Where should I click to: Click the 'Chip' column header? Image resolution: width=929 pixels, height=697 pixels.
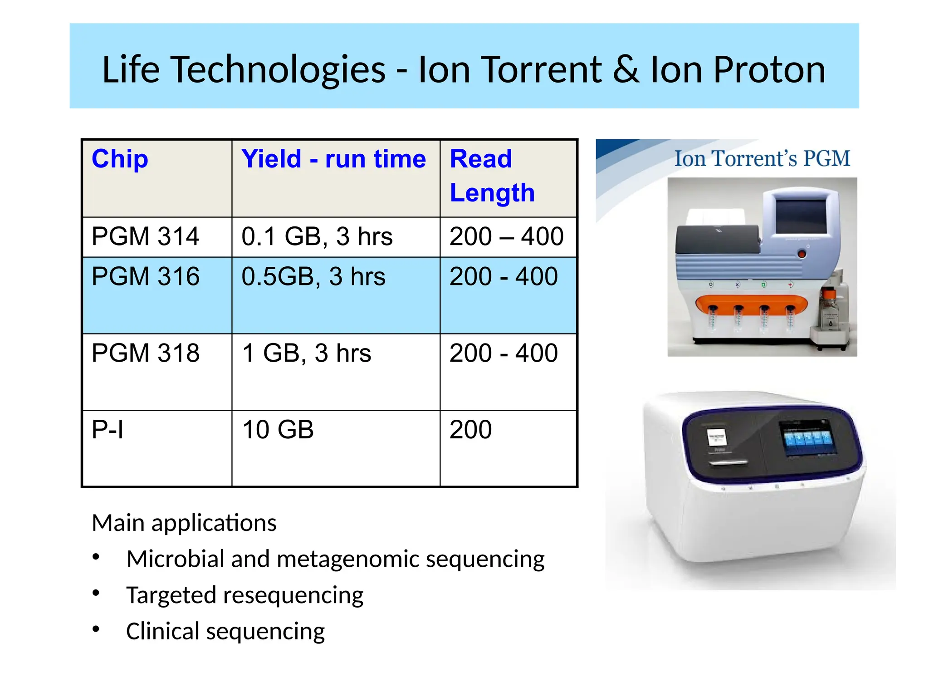coord(120,159)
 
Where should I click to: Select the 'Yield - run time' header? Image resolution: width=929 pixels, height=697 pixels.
coord(333,159)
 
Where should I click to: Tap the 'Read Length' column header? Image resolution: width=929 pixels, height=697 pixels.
coord(492,176)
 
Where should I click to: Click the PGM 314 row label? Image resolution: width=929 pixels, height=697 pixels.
coord(145,236)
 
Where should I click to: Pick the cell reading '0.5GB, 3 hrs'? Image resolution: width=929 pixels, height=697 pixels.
coord(313,276)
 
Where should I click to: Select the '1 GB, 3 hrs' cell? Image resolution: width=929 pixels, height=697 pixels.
coord(306,353)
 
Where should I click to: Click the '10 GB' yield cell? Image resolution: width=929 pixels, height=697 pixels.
coord(278,430)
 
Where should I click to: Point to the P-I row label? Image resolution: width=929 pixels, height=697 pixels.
coord(108,430)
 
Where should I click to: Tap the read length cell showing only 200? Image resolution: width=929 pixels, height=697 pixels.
coord(470,430)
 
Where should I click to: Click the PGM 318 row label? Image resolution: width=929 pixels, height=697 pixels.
coord(145,353)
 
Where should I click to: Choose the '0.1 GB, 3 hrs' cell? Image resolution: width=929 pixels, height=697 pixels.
coord(317,236)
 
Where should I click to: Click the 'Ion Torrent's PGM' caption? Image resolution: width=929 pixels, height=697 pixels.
coord(762,159)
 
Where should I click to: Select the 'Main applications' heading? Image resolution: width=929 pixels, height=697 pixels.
coord(184,523)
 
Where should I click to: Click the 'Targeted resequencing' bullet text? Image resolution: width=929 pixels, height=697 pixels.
coord(244,595)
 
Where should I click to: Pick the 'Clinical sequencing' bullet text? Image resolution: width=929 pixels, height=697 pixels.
coord(225,631)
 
